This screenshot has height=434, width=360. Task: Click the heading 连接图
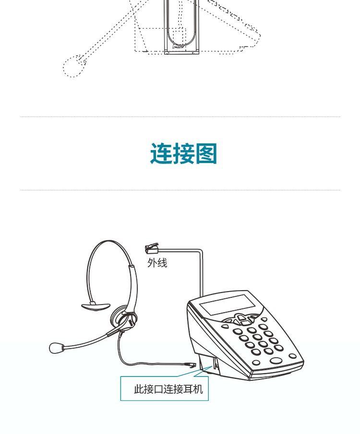183,154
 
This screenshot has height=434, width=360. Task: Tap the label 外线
157,263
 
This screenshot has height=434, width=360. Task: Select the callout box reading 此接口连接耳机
164,388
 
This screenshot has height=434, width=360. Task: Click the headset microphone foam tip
57,348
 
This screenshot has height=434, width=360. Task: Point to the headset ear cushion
122,316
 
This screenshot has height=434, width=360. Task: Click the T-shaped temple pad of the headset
96,305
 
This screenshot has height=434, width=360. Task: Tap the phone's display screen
227,305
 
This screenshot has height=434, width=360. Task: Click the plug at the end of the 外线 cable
152,248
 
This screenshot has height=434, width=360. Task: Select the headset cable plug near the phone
191,364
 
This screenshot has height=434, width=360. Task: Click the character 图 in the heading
206,154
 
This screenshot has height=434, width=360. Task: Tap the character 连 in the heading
161,154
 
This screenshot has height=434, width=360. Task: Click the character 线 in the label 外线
162,263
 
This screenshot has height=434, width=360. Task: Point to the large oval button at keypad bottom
276,361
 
